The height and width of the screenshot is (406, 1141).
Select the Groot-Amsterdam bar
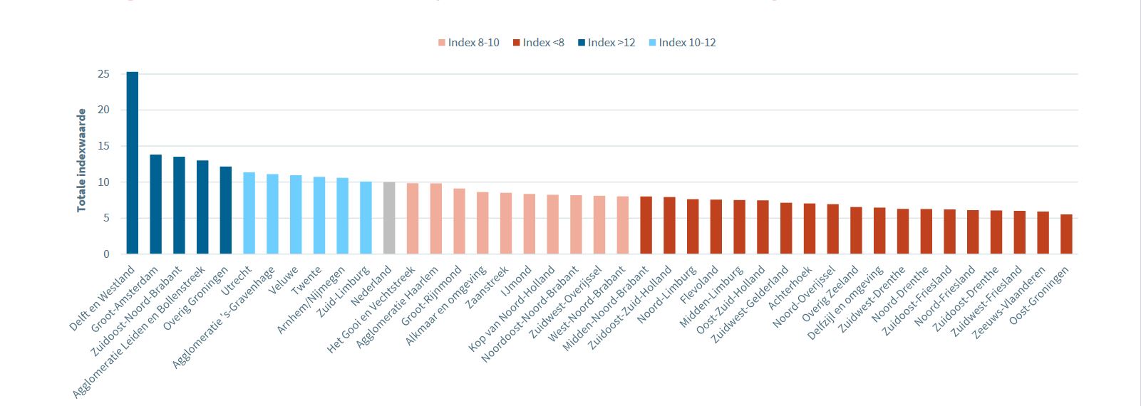tap(155, 204)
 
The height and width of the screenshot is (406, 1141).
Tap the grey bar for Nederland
tap(389, 218)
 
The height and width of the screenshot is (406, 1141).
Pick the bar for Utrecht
tap(249, 213)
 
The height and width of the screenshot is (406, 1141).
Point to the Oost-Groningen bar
tap(1066, 234)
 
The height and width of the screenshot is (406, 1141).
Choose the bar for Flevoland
tap(716, 227)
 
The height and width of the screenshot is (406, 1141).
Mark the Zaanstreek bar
tap(506, 223)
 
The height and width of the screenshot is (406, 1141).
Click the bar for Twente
tap(319, 215)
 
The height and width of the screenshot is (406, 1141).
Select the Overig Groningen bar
tap(226, 210)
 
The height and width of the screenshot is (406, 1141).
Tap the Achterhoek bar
tap(810, 229)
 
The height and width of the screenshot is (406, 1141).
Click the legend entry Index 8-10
tap(469, 43)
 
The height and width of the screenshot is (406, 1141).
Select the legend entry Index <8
tap(539, 43)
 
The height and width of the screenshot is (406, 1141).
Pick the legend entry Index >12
tap(606, 43)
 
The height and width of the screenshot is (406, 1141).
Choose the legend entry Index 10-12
tap(683, 43)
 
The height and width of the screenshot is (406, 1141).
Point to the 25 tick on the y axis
tap(104, 74)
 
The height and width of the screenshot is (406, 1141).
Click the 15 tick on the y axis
tap(104, 146)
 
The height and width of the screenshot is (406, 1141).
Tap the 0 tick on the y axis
tap(107, 254)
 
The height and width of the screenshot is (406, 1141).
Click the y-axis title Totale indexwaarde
tap(82, 160)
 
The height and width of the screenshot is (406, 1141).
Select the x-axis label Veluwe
tap(284, 281)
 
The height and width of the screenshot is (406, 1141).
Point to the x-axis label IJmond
tap(517, 281)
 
